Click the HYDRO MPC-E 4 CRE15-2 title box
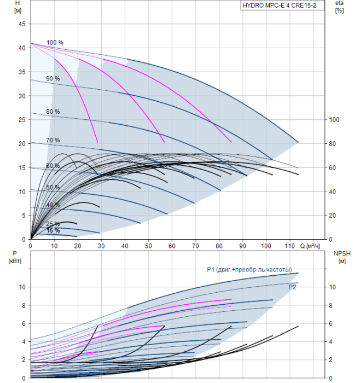coord(282,5)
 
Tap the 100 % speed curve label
coord(55,43)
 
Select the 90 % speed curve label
coord(53,79)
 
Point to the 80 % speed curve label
coord(53,112)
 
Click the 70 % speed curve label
coord(53,140)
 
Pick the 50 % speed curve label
coord(53,187)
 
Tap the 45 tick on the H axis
coord(22,24)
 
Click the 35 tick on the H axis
coord(22,72)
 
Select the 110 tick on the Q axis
coord(289,246)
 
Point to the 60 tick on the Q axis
coord(172,246)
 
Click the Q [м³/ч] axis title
coord(310,246)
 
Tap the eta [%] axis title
coord(339,7)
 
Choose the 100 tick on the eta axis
coord(334,120)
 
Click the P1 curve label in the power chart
coord(249,270)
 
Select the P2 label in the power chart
coord(292,287)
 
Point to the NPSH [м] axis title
coord(342,258)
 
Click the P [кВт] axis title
coord(15,258)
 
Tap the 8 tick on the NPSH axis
coord(330,305)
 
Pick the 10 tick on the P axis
coord(22,287)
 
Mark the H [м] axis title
coord(18,7)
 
